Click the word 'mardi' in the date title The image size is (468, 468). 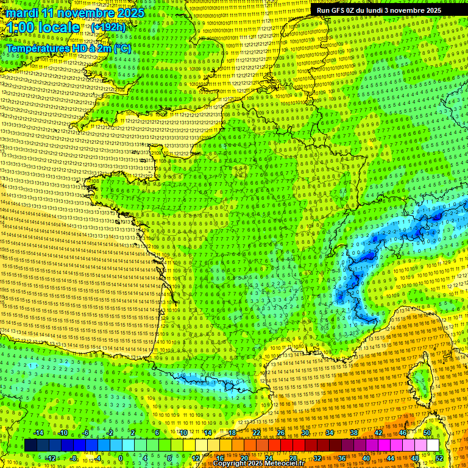(x=23, y=13)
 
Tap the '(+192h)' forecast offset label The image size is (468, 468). (x=108, y=27)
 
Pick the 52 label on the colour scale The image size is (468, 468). (x=439, y=458)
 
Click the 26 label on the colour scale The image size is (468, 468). (x=281, y=433)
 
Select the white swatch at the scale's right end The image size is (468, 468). (x=433, y=445)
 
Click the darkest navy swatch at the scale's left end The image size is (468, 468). (x=30, y=445)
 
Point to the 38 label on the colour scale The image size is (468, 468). (x=354, y=433)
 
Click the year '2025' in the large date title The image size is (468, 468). (x=131, y=13)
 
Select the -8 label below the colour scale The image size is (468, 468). (x=74, y=458)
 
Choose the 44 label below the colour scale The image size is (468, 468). (x=391, y=458)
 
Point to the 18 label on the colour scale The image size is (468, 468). (x=232, y=433)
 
